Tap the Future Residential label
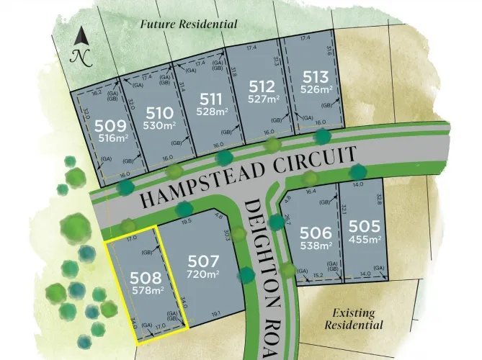[189, 24]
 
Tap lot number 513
[316, 77]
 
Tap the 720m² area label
[202, 274]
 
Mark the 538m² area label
[316, 245]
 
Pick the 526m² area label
[316, 89]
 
